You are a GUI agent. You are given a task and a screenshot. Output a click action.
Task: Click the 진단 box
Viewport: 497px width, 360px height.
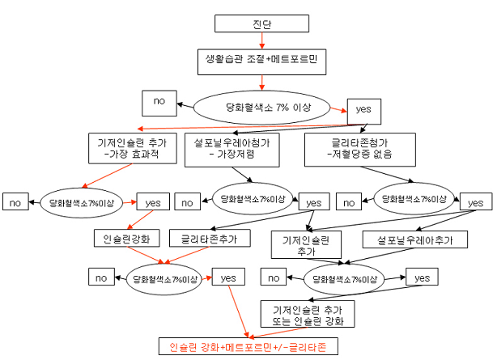pyautogui.click(x=261, y=23)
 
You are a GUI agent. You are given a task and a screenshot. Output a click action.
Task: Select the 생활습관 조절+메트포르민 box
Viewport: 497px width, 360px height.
pyautogui.click(x=261, y=61)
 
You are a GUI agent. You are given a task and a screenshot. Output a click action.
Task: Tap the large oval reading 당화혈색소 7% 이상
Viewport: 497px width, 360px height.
pyautogui.click(x=261, y=108)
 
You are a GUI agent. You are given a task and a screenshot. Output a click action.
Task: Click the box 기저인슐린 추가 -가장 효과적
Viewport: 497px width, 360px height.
pyautogui.click(x=133, y=148)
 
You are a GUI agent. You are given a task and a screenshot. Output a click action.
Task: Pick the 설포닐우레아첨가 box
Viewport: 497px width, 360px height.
pyautogui.click(x=232, y=150)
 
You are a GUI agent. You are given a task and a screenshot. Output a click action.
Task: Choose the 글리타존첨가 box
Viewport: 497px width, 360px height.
pyautogui.click(x=360, y=150)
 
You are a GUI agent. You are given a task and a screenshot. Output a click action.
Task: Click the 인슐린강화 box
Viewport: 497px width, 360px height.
pyautogui.click(x=127, y=239)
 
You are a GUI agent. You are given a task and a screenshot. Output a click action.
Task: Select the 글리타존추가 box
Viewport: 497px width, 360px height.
pyautogui.click(x=210, y=239)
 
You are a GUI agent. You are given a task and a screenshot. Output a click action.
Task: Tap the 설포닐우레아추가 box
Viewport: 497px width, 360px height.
pyautogui.click(x=415, y=239)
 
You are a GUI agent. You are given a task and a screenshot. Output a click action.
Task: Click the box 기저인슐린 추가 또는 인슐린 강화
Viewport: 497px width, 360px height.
pyautogui.click(x=308, y=314)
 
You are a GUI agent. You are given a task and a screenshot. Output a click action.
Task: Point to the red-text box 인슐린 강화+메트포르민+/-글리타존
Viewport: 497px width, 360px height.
pyautogui.click(x=248, y=346)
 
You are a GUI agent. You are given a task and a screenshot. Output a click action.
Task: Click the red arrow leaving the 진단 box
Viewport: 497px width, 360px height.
pyautogui.click(x=261, y=40)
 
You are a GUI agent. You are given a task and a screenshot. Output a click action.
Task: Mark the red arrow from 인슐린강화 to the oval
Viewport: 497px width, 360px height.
pyautogui.click(x=146, y=255)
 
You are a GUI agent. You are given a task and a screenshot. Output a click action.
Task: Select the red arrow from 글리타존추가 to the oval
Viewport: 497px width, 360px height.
pyautogui.click(x=187, y=255)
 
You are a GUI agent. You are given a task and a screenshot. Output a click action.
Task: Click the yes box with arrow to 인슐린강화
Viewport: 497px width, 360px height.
pyautogui.click(x=153, y=201)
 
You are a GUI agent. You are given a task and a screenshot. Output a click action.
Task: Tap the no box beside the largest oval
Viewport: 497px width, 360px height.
pyautogui.click(x=159, y=103)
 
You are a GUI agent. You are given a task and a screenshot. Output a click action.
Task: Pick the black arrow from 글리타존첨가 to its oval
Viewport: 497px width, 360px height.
pyautogui.click(x=387, y=174)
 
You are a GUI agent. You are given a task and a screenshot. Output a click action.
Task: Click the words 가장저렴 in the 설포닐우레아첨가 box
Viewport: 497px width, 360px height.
pyautogui.click(x=236, y=155)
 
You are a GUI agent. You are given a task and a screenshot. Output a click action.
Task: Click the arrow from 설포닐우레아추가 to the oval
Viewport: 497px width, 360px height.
pyautogui.click(x=380, y=256)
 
